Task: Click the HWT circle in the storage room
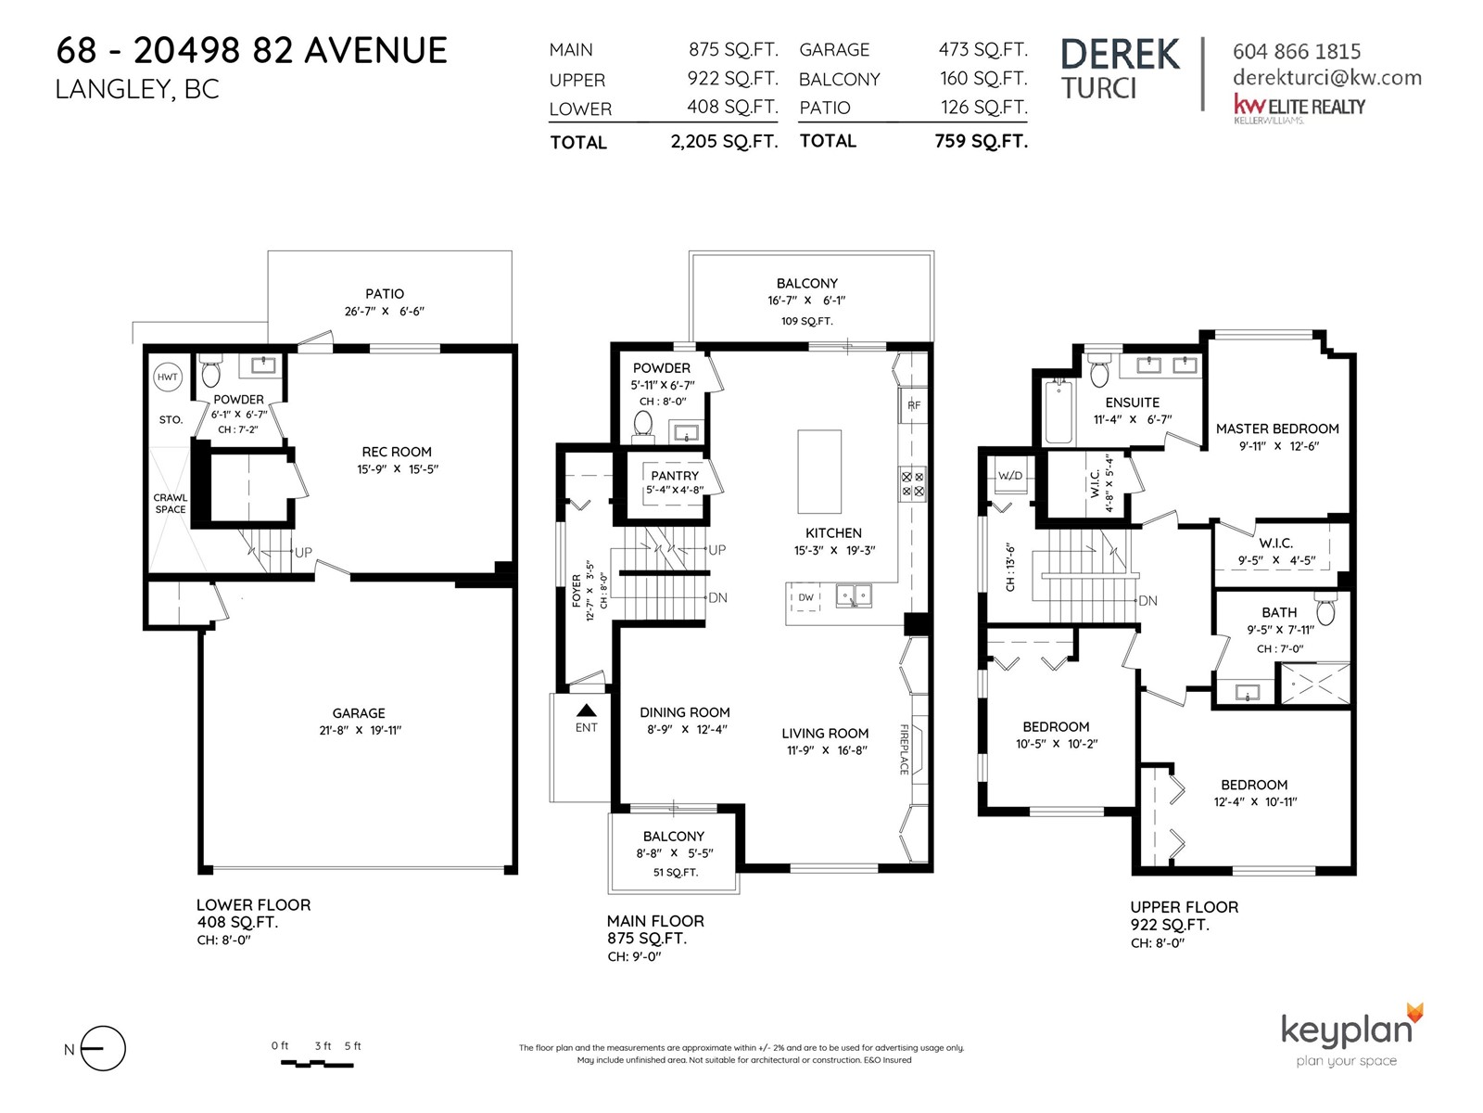(x=167, y=377)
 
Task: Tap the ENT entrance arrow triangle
(x=587, y=710)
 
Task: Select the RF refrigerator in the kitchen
(x=913, y=405)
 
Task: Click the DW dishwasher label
(x=805, y=597)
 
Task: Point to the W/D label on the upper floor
(x=1010, y=476)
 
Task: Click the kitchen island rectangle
(x=818, y=472)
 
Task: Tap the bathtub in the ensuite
(x=1058, y=411)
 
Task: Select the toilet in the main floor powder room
(x=643, y=425)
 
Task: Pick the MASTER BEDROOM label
(x=1277, y=429)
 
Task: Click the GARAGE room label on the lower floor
(x=359, y=713)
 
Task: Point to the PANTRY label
(x=674, y=476)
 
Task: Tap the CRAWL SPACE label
(x=171, y=504)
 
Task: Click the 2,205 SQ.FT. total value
(x=724, y=142)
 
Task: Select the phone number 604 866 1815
(x=1297, y=51)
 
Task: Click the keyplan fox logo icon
(x=1414, y=1013)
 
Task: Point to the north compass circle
(x=104, y=1048)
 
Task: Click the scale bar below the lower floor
(x=317, y=1064)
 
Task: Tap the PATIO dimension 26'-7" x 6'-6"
(x=384, y=312)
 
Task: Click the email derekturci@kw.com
(x=1327, y=79)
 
